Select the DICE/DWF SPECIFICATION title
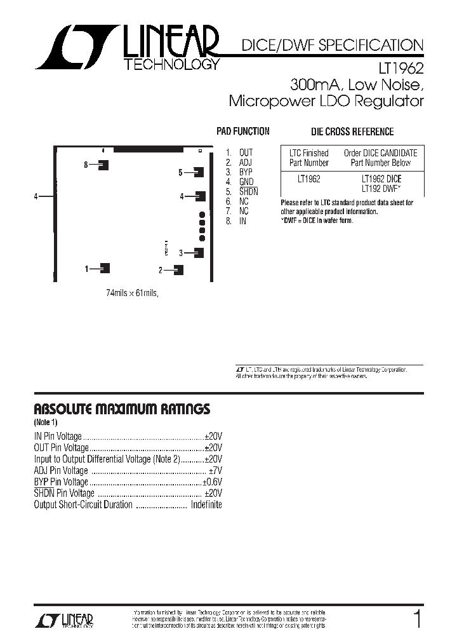tap(331, 46)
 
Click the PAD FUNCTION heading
tap(243, 132)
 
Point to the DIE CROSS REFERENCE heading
tap(352, 132)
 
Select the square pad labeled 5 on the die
tap(199, 172)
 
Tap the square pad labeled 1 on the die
tap(105, 268)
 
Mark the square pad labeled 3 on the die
tap(199, 252)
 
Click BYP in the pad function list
tap(246, 172)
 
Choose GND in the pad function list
tap(246, 182)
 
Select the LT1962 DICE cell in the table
tap(381, 179)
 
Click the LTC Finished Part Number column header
tap(309, 158)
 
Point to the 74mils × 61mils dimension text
tap(131, 293)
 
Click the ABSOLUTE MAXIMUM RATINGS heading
tap(121, 409)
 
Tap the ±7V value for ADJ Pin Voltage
tap(216, 471)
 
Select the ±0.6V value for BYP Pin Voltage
tap(212, 482)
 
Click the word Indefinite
tap(206, 505)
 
